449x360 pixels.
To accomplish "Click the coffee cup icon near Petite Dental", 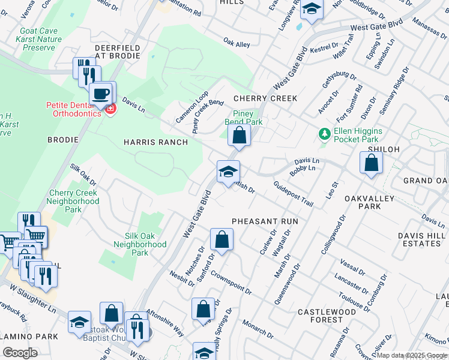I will click(100, 94).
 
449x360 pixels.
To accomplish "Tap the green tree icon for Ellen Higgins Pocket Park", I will click(324, 133).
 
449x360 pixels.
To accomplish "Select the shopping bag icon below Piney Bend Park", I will click(239, 136).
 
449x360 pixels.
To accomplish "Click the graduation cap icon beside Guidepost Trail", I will click(228, 172).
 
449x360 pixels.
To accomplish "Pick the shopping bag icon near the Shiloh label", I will click(372, 163).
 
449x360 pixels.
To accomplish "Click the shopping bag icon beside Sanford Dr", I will click(221, 240).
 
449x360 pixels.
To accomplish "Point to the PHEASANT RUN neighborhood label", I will click(265, 221).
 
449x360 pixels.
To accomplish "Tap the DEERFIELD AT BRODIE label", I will click(117, 52).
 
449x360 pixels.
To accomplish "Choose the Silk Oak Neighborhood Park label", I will click(140, 244).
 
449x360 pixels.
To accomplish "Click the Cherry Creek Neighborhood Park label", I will click(73, 202).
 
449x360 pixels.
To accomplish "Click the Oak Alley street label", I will click(237, 44).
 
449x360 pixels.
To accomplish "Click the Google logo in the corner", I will click(20, 353).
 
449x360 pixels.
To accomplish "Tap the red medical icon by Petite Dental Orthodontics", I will click(110, 109).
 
